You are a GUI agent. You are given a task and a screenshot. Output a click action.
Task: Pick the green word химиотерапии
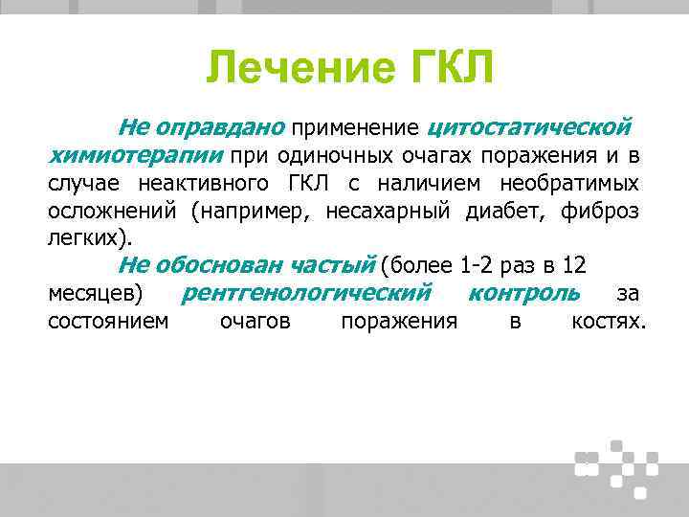pos(135,155)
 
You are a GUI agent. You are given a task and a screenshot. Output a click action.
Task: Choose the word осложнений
pos(114,211)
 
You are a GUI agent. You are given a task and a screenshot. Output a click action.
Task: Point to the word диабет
pos(503,211)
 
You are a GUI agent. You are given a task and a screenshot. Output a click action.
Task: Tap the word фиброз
pos(602,211)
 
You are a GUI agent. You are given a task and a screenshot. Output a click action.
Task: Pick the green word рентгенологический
pos(306,293)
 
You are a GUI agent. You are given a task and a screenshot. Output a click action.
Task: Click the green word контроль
pos(524,293)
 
